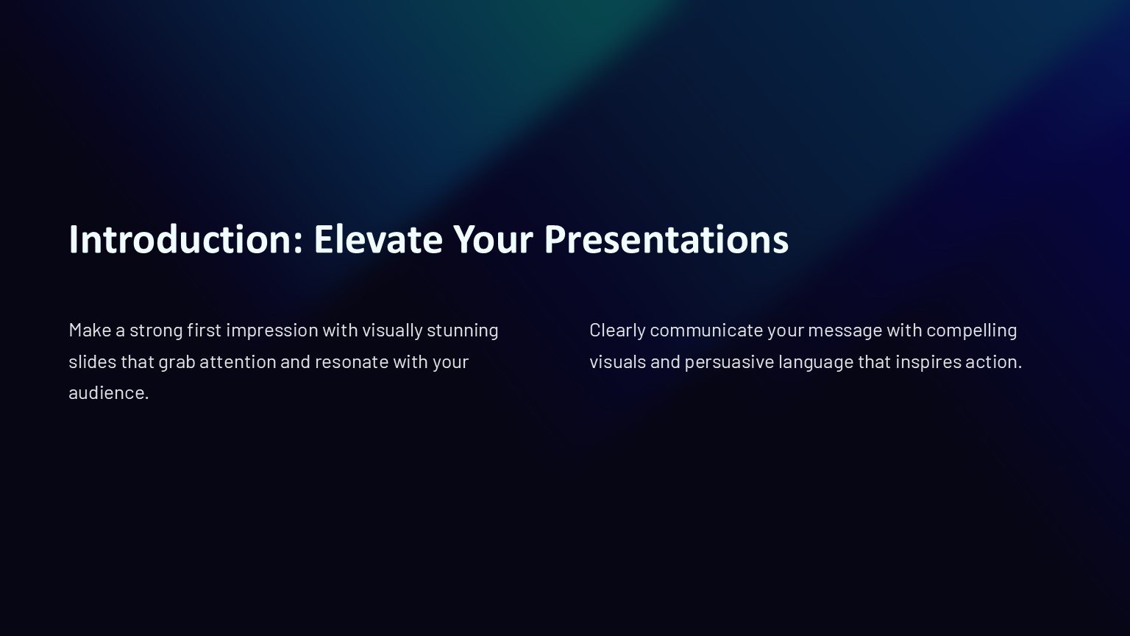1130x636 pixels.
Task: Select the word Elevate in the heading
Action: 378,239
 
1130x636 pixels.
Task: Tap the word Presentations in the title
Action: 667,239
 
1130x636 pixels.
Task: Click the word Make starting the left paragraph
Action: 90,330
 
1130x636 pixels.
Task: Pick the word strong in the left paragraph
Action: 156,331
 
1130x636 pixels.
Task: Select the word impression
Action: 272,331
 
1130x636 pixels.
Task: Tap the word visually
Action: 392,331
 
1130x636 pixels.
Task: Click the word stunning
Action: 463,331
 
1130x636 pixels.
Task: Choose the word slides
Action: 92,362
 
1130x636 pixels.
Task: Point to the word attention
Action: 238,362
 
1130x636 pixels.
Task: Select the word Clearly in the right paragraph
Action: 617,331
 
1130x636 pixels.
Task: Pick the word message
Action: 845,332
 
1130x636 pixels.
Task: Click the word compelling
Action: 972,331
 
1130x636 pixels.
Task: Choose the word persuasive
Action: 729,362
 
